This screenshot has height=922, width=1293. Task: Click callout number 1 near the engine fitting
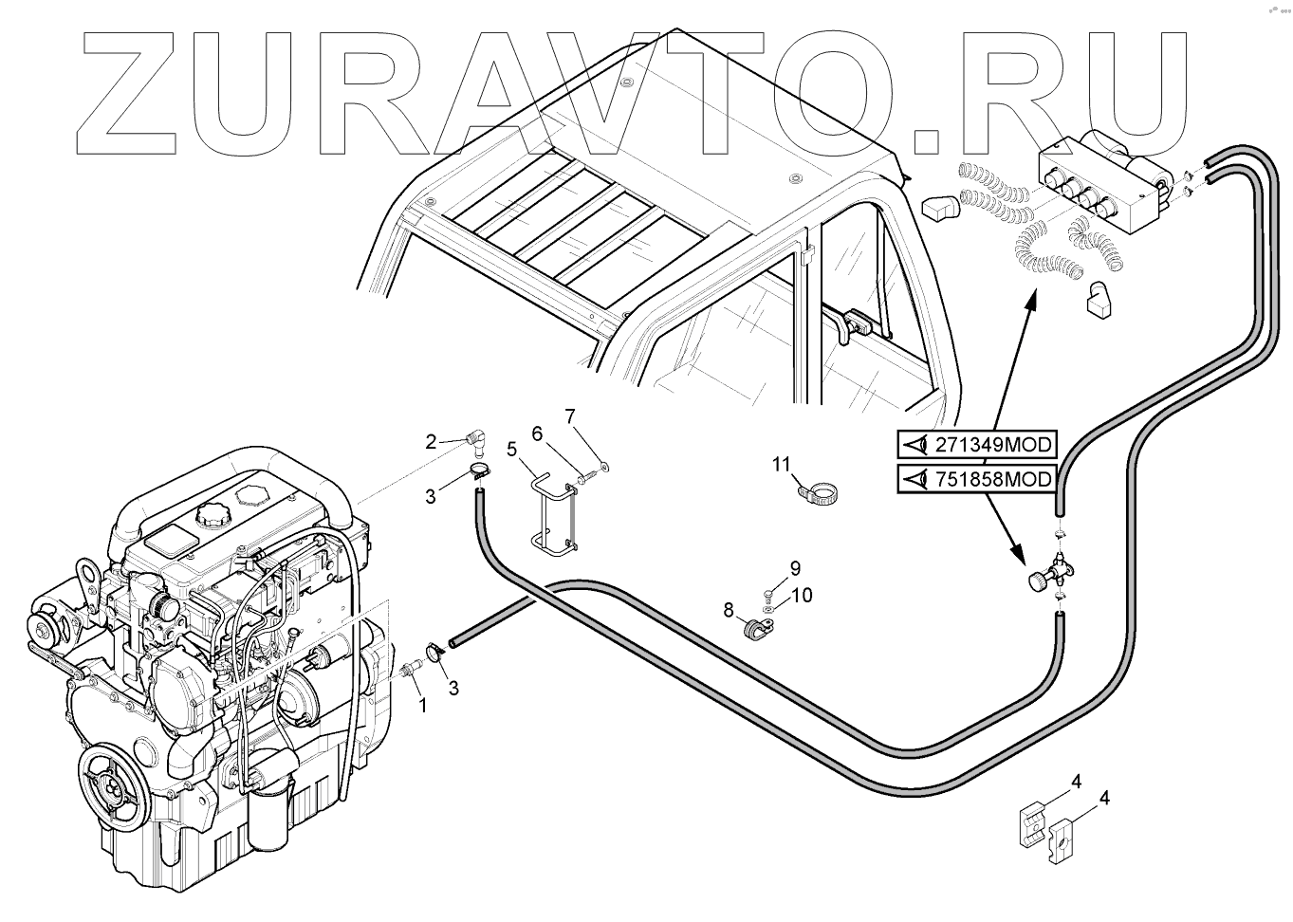pyautogui.click(x=423, y=706)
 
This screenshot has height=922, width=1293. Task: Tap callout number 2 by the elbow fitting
pyautogui.click(x=431, y=441)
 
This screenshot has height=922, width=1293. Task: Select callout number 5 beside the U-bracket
pyautogui.click(x=511, y=449)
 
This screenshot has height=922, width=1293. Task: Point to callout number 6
pyautogui.click(x=537, y=433)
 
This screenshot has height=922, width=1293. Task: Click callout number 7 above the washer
pyautogui.click(x=570, y=415)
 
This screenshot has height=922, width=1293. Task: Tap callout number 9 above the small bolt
pyautogui.click(x=795, y=568)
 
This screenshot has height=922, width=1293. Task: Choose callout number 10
pyautogui.click(x=802, y=596)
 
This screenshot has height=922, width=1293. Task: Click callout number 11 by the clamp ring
pyautogui.click(x=781, y=464)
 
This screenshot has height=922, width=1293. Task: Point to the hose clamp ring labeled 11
pyautogui.click(x=817, y=493)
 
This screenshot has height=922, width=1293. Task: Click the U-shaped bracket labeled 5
pyautogui.click(x=552, y=517)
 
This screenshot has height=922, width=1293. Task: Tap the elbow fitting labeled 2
pyautogui.click(x=478, y=439)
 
